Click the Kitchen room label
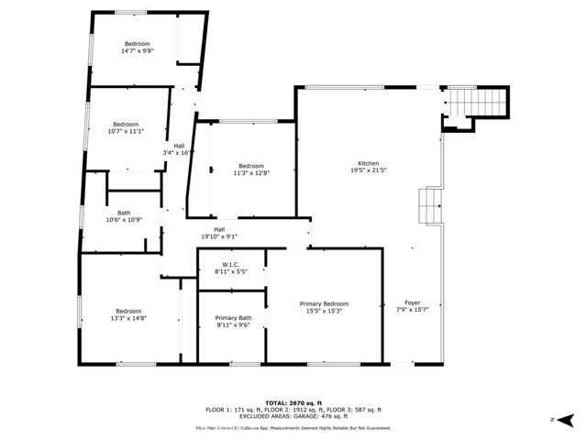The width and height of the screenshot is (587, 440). coord(369,162)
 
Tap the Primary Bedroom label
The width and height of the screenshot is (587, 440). coord(325,303)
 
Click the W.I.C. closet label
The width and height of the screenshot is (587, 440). coord(230,265)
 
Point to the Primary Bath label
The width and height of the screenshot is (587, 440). coord(233,317)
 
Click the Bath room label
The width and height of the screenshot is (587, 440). coord(123,213)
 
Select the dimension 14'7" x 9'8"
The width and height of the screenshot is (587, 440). coord(137,51)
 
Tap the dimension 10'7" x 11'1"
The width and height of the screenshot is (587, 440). coord(126,131)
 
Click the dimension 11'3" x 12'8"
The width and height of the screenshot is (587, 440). coord(250,172)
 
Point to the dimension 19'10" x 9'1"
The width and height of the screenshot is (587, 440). coord(219,236)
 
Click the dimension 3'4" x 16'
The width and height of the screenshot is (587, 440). coord(178,152)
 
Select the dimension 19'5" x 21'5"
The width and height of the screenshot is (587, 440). coord(369,170)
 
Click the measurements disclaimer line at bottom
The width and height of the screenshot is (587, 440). coord(293,428)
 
